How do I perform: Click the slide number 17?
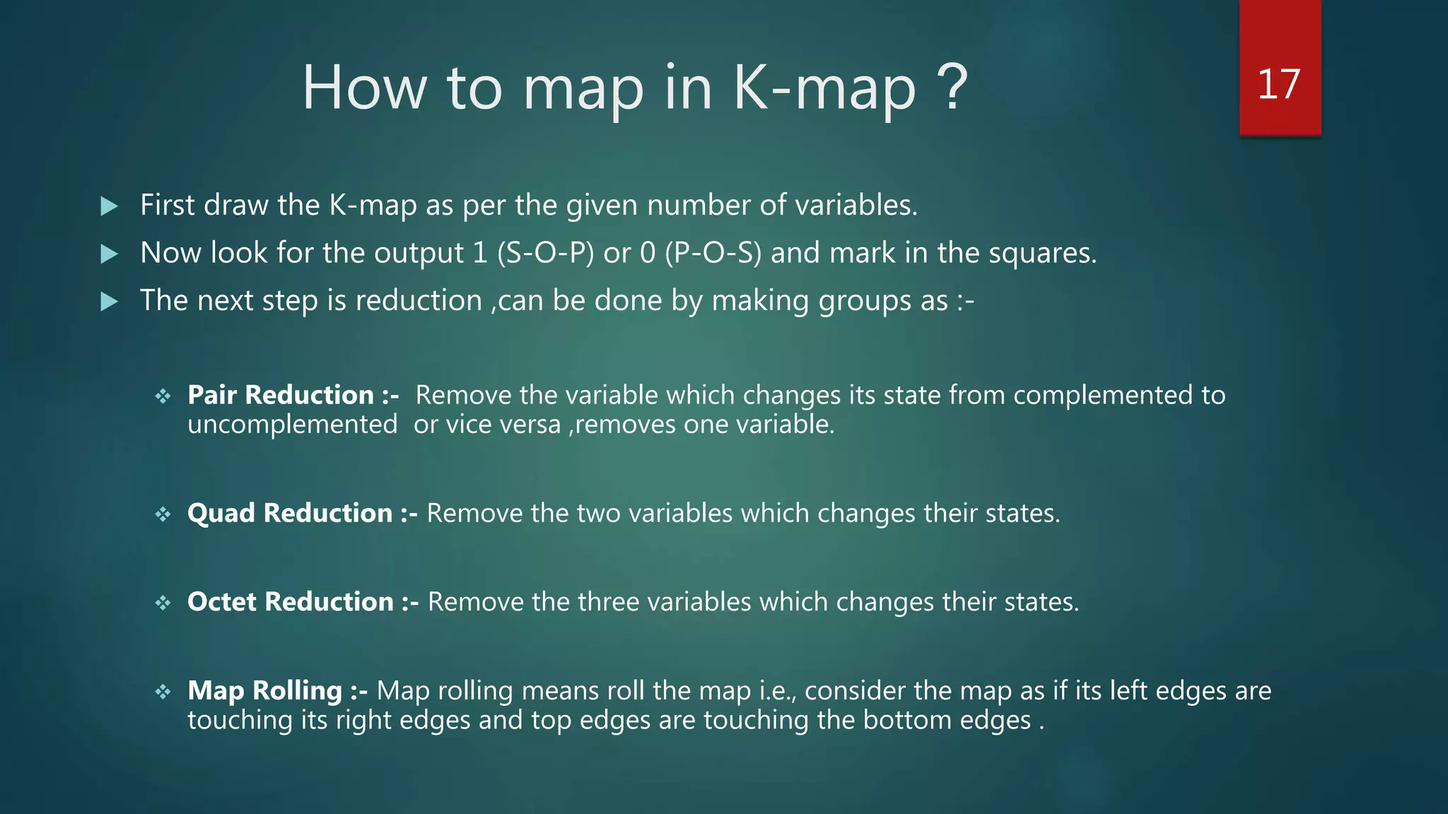tap(1279, 85)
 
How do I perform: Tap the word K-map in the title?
tap(824, 89)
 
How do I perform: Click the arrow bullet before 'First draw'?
tap(110, 206)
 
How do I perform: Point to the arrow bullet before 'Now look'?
tap(110, 254)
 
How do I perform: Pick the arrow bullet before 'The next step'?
tap(110, 302)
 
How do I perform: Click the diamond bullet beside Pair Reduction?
tap(163, 396)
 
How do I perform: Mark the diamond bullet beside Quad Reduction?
tap(163, 514)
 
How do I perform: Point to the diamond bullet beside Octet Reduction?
tap(163, 603)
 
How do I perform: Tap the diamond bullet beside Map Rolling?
tap(163, 692)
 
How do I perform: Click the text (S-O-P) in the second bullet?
tap(545, 253)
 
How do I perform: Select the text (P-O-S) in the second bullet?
tap(713, 253)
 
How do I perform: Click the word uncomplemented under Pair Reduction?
tap(292, 425)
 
